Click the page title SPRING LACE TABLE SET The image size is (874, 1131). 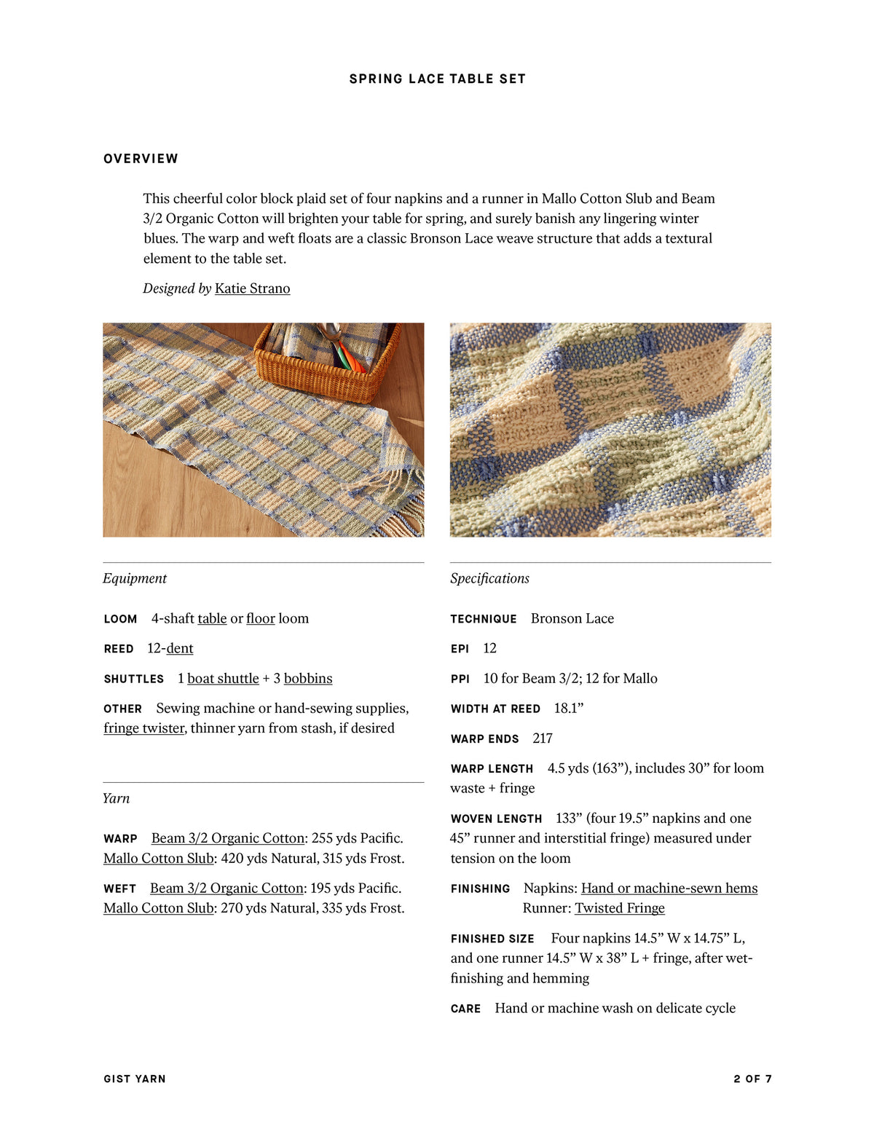coord(437,79)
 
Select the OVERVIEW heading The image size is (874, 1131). coord(141,159)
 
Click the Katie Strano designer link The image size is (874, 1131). coord(252,288)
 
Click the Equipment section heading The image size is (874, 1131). coord(135,578)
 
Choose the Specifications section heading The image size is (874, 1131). coord(489,578)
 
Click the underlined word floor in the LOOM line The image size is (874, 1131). coord(260,618)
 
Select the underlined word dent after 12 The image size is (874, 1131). coord(180,648)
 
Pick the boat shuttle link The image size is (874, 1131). coord(223,678)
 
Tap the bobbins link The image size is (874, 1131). coord(308,678)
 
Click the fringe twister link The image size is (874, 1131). coord(144,728)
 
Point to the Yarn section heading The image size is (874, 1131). coord(116,798)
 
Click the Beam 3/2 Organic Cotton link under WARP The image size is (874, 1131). coord(227,838)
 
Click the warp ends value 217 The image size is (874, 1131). coord(543,738)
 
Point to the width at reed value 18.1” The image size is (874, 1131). coord(569,708)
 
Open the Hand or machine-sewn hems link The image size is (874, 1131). coord(669,888)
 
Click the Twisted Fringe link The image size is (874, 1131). coord(620,908)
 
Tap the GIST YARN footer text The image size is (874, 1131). coord(135,1079)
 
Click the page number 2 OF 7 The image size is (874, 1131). coord(752,1079)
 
